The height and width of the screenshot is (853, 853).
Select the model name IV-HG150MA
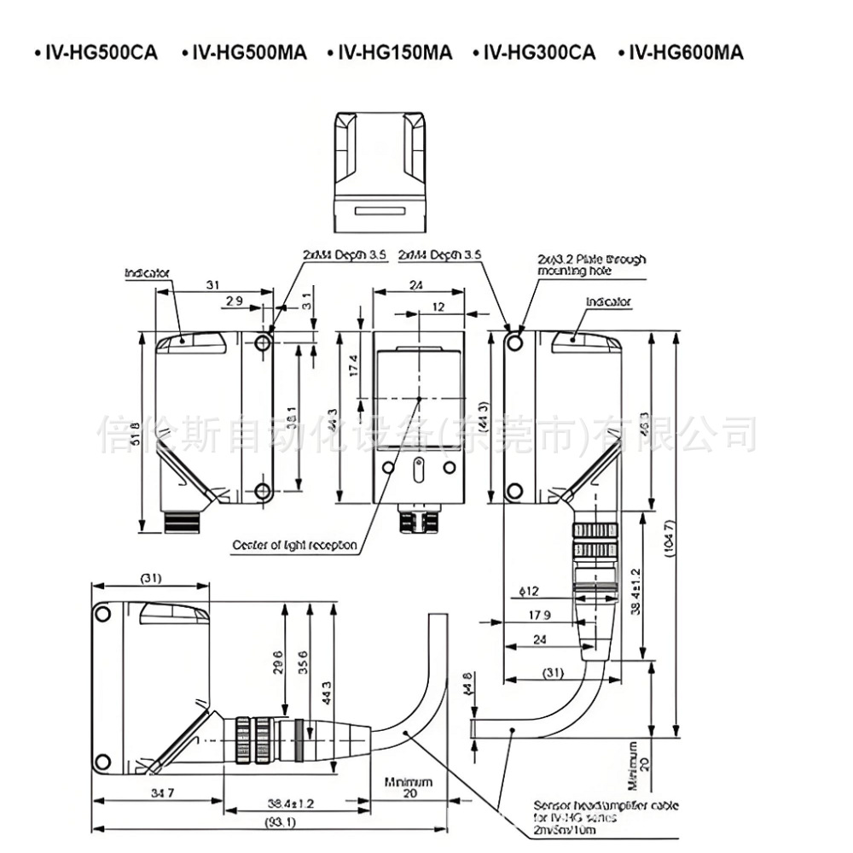[394, 53]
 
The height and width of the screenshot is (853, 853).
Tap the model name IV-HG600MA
[685, 53]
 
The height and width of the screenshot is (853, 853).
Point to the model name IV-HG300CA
[539, 53]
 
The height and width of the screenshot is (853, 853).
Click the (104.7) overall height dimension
[670, 536]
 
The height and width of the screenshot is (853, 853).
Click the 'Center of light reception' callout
[295, 545]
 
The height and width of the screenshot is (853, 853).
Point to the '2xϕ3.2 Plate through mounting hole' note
[591, 265]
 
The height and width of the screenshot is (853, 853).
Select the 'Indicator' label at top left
[148, 273]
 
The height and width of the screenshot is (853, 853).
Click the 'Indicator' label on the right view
[608, 301]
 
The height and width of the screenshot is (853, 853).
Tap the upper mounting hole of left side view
[264, 342]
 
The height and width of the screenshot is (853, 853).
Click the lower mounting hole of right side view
[514, 490]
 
